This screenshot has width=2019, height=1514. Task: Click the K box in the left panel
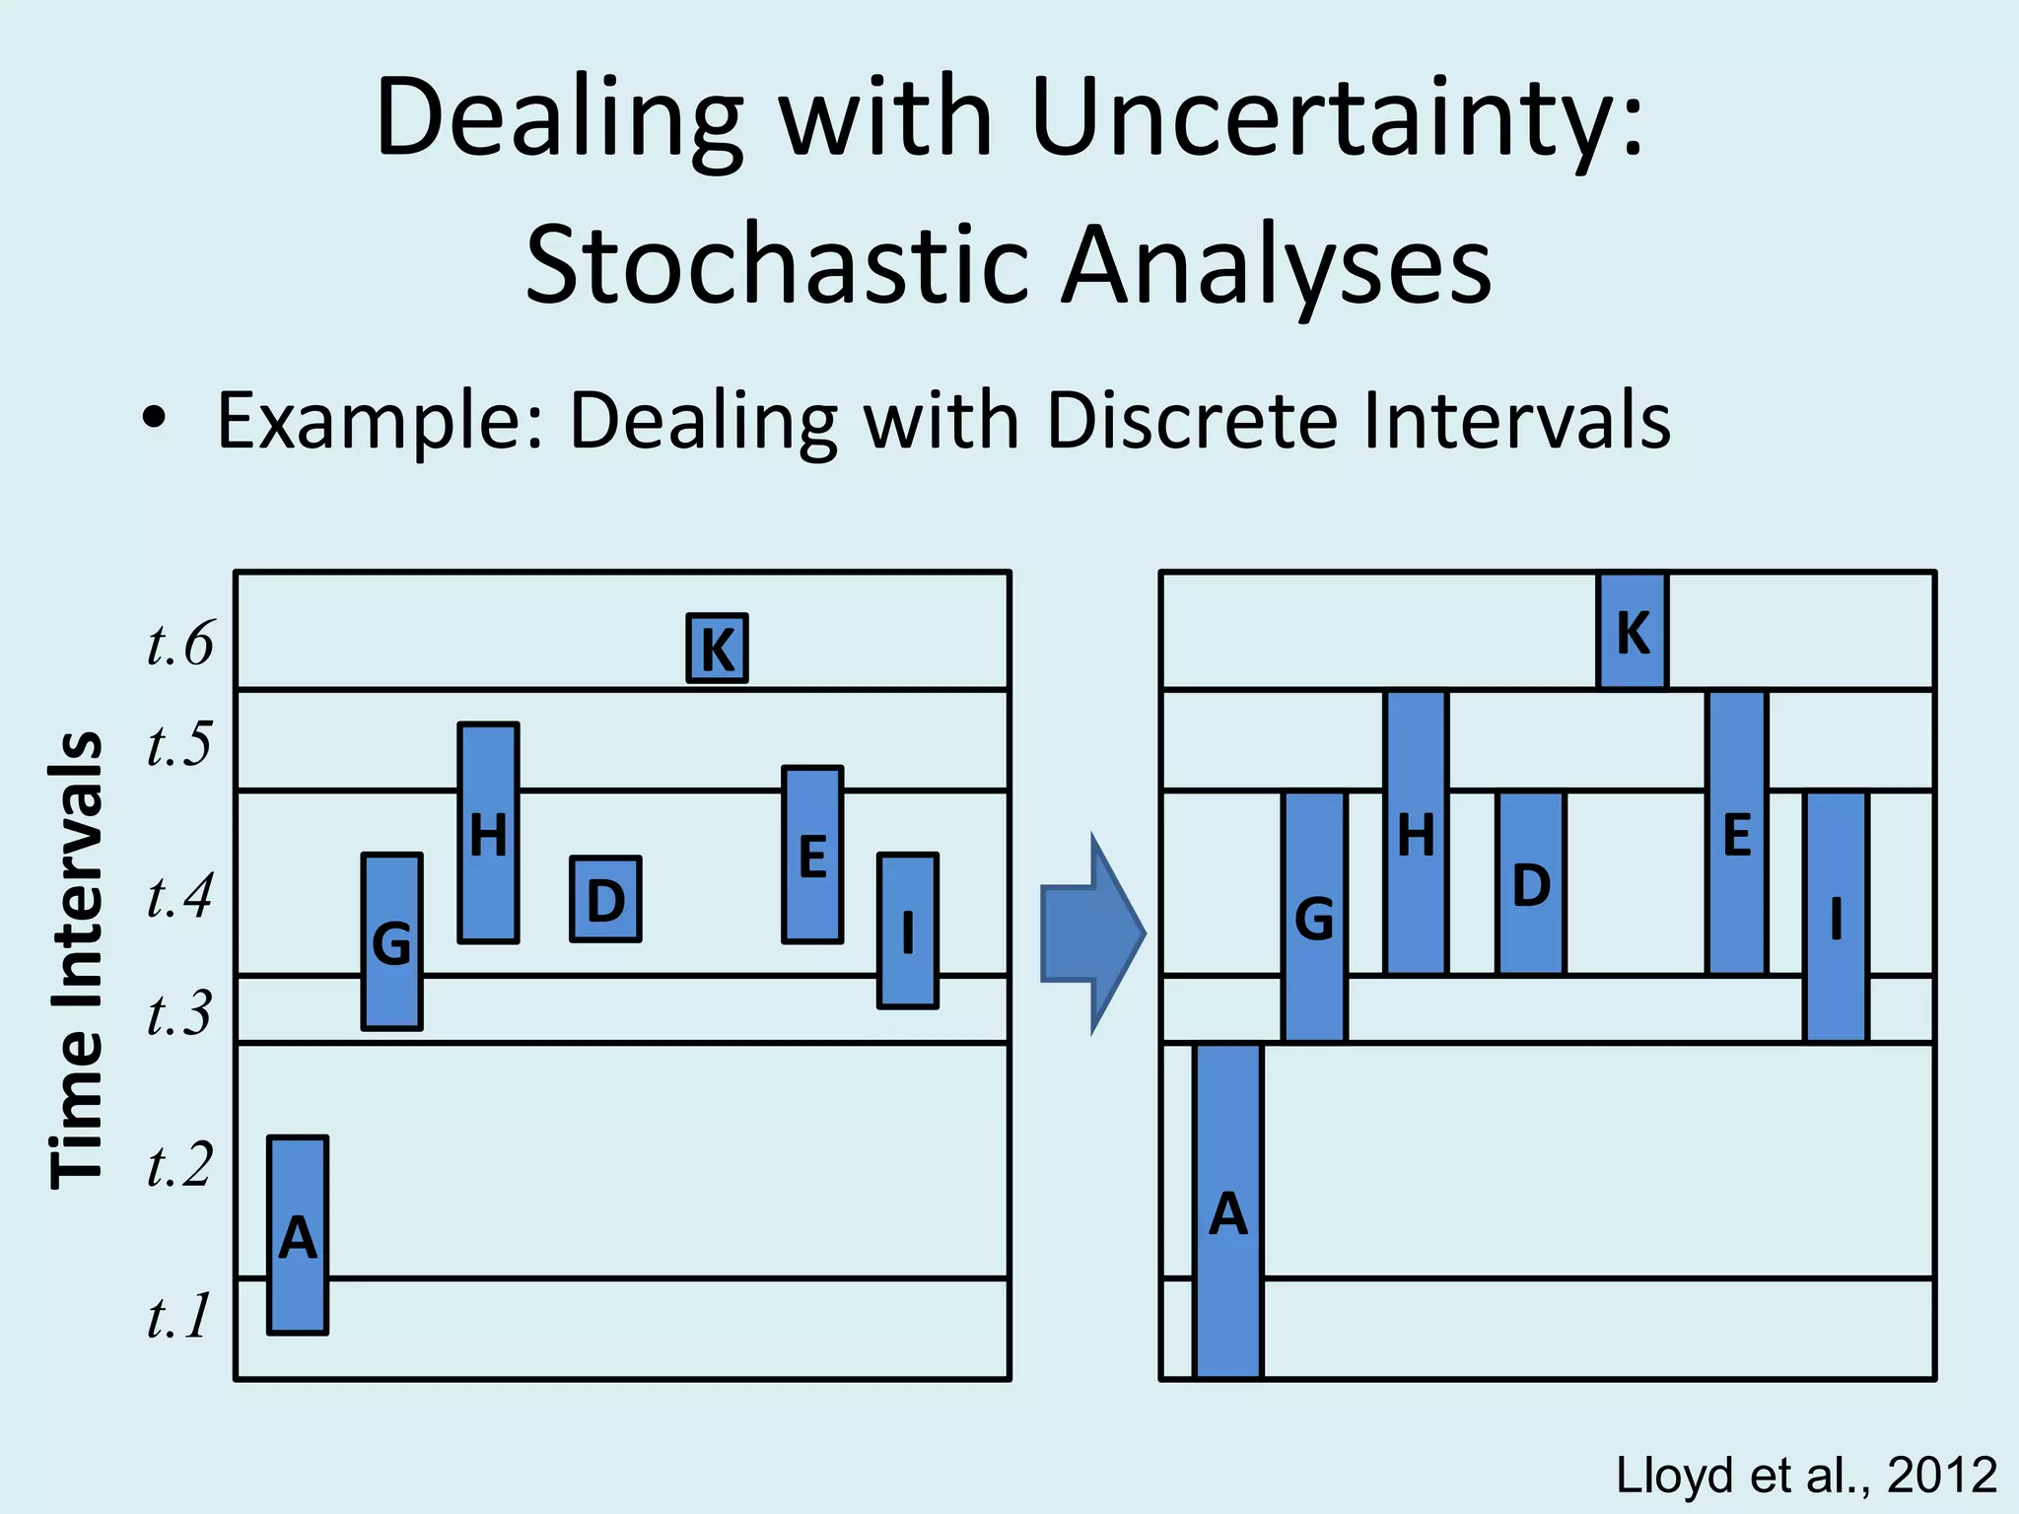pyautogui.click(x=717, y=648)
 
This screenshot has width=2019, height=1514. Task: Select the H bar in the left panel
pyautogui.click(x=488, y=833)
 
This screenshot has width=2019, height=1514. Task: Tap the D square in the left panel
pyautogui.click(x=605, y=899)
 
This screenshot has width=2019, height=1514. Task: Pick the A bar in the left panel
pyautogui.click(x=298, y=1235)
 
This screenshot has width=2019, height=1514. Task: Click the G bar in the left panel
pyautogui.click(x=392, y=941)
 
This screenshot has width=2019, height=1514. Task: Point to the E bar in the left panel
pyautogui.click(x=812, y=855)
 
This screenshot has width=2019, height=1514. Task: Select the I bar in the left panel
pyautogui.click(x=907, y=929)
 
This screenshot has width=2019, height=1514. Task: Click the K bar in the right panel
pyautogui.click(x=1633, y=631)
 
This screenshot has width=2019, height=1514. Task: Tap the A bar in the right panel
pyautogui.click(x=1227, y=1210)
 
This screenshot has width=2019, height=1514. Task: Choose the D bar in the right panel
pyautogui.click(x=1530, y=883)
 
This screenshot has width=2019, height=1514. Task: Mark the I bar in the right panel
pyautogui.click(x=1836, y=917)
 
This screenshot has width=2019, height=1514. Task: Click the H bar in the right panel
pyautogui.click(x=1416, y=833)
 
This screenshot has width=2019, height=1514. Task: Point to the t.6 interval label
pyautogui.click(x=179, y=645)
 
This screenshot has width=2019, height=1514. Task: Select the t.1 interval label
pyautogui.click(x=178, y=1316)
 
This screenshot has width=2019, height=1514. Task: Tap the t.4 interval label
pyautogui.click(x=179, y=897)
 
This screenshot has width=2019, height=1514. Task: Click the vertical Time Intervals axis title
pyautogui.click(x=77, y=960)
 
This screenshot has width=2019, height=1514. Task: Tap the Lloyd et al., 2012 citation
pyautogui.click(x=1806, y=1476)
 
